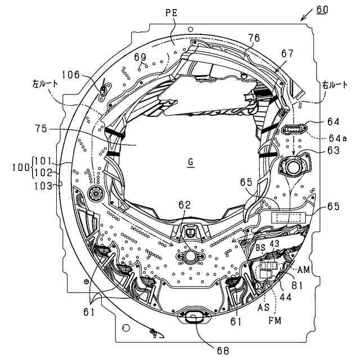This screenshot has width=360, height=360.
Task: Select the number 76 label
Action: [x=254, y=38]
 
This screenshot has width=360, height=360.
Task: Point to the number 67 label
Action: [x=287, y=53]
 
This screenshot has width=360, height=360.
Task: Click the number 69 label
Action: [x=140, y=56]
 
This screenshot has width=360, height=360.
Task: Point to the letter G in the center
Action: [x=191, y=162]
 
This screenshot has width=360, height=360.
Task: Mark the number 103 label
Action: [x=41, y=183]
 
